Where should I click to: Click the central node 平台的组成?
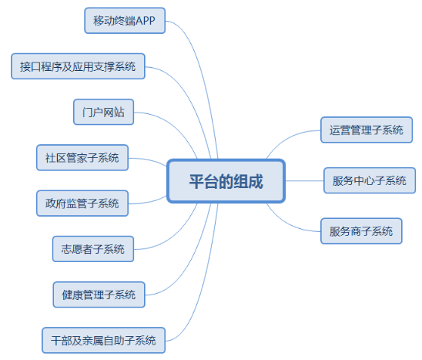[x=226, y=181]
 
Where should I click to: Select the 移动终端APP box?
[x=125, y=21]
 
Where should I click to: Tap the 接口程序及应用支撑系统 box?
[x=78, y=66]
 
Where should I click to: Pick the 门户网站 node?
[x=104, y=112]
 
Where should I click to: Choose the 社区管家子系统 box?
[x=82, y=157]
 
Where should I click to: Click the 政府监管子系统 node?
[x=82, y=204]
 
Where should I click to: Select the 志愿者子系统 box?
[x=93, y=249]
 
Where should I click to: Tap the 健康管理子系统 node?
[x=99, y=294]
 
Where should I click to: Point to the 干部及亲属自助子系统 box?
[x=104, y=340]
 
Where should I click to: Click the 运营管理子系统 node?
[x=367, y=130]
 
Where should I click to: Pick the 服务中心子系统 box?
[x=370, y=180]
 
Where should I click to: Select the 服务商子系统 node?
[x=361, y=231]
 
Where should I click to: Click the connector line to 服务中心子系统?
[x=304, y=181]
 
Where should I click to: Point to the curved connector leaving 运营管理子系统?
[x=287, y=137]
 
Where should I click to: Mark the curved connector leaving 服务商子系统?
[x=287, y=224]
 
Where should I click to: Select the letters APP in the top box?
[x=146, y=21]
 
